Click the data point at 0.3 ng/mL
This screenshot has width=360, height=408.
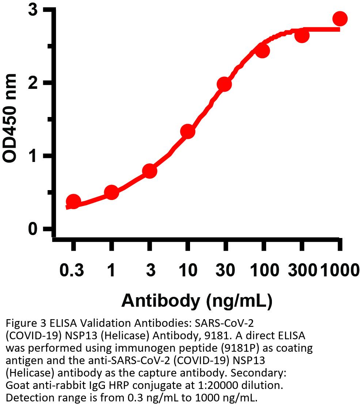click(x=73, y=201)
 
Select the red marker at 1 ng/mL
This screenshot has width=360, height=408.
click(x=111, y=192)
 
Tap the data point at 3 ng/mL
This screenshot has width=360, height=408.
click(x=149, y=171)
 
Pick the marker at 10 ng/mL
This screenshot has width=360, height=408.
click(x=187, y=131)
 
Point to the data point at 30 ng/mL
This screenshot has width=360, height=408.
click(x=224, y=84)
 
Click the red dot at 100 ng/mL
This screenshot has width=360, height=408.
click(x=262, y=51)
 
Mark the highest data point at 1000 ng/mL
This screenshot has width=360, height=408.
click(x=340, y=18)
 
